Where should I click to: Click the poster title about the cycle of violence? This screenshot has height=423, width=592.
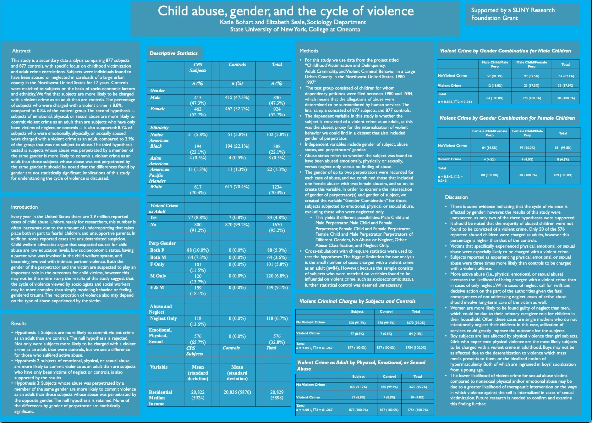point(286,11)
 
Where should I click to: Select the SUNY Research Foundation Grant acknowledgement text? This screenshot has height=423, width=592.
point(513,14)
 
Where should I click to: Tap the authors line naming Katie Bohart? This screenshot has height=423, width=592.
point(293,22)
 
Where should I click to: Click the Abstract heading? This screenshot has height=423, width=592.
point(21,51)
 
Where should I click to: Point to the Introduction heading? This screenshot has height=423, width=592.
point(25,207)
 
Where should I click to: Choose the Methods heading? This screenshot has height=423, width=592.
point(309,51)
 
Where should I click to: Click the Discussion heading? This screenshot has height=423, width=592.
point(456,197)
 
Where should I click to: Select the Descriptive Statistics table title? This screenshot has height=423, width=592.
point(174,53)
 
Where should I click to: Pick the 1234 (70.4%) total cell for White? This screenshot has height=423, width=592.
point(277,190)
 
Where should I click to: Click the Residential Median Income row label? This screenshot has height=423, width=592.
point(161,398)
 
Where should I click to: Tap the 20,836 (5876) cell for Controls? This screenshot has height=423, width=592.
point(237,392)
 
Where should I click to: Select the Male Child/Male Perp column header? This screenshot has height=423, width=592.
point(495,64)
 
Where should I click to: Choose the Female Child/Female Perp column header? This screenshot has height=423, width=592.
point(490,133)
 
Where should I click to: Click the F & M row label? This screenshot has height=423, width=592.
point(157,288)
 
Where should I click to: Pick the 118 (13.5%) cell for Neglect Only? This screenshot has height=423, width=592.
point(198,321)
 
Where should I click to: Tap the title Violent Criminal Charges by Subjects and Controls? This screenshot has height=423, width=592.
point(358,301)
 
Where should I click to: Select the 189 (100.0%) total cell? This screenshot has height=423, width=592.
point(563,175)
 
